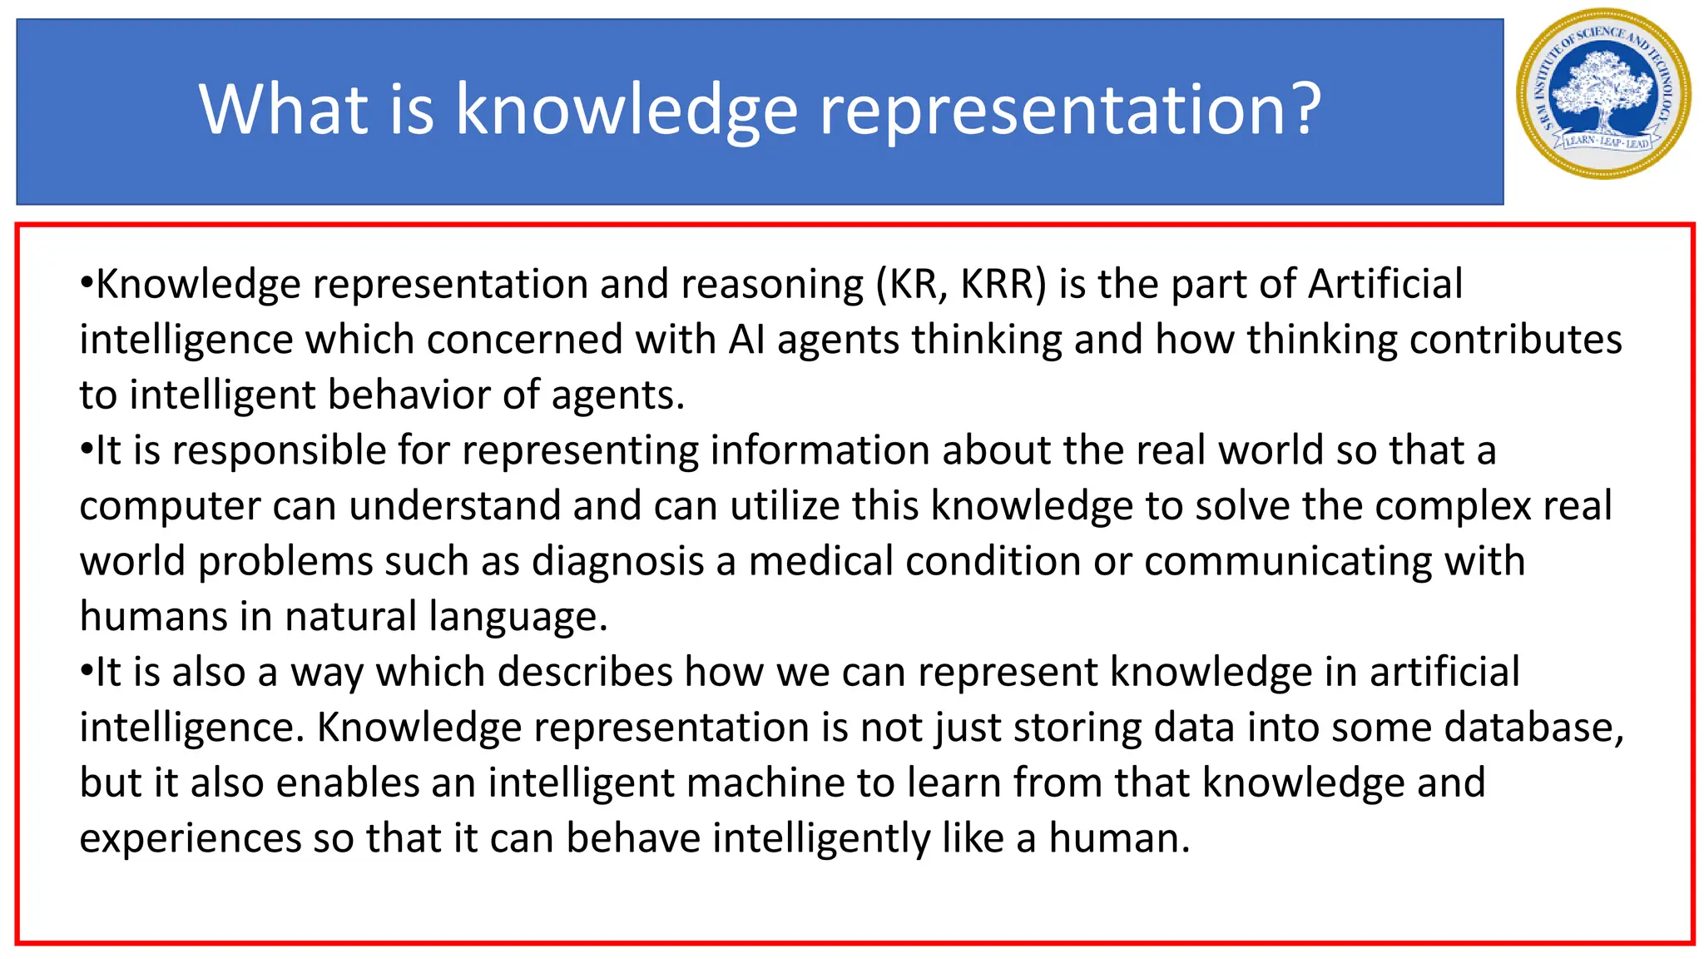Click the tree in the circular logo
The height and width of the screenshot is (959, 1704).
coord(1603,90)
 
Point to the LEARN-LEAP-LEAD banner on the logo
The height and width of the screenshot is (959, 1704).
coord(1606,142)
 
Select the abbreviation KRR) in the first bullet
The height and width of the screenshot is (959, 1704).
coord(1003,284)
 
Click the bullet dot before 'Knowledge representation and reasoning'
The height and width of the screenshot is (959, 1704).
coord(86,282)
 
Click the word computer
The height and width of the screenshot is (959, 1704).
coord(170,506)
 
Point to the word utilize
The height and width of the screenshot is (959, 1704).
coord(785,506)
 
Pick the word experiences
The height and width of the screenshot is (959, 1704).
coord(190,838)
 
